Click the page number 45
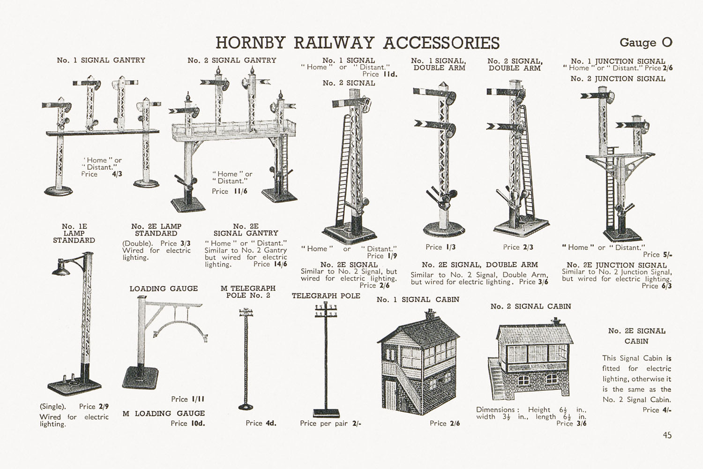[x=667, y=435]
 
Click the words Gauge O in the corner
[x=646, y=42]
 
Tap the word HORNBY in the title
[x=250, y=43]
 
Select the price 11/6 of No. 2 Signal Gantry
[x=240, y=191]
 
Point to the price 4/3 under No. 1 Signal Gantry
[x=117, y=174]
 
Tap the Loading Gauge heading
[x=164, y=288]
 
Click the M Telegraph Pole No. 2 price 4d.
[x=271, y=423]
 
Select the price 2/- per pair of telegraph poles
[x=357, y=424]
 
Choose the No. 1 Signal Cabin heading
[x=418, y=299]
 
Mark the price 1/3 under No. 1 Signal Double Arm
[x=450, y=247]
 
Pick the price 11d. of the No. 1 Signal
[x=390, y=74]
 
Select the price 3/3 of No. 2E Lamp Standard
[x=186, y=243]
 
